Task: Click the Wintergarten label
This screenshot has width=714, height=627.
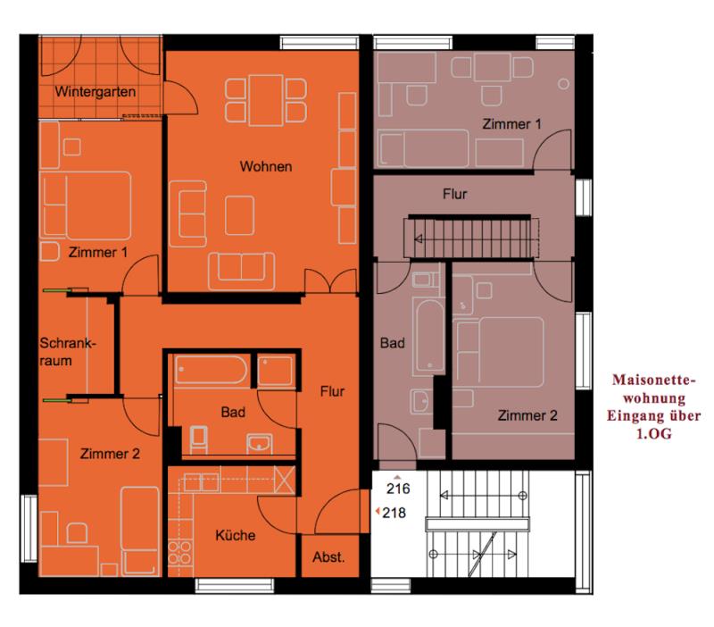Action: (x=95, y=92)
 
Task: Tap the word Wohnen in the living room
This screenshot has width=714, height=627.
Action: (x=266, y=166)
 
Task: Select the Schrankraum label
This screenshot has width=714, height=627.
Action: (x=68, y=352)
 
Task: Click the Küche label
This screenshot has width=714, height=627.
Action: (x=235, y=535)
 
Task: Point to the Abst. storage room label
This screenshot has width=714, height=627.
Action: (x=328, y=556)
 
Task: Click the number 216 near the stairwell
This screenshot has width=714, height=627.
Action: (x=398, y=489)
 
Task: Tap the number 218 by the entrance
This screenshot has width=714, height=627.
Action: (x=394, y=513)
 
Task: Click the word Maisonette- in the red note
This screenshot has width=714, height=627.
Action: (x=654, y=380)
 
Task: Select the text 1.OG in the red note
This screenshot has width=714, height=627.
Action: (x=653, y=433)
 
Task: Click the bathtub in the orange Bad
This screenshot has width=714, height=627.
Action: (x=211, y=370)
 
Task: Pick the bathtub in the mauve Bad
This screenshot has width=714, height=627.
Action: (x=430, y=337)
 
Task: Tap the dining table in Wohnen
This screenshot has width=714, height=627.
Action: (x=266, y=100)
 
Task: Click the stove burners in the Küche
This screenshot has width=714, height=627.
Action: (x=180, y=552)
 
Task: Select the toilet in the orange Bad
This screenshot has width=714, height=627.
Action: (x=198, y=439)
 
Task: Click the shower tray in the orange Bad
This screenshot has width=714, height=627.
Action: (x=275, y=371)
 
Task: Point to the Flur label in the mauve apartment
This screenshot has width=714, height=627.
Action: (x=455, y=194)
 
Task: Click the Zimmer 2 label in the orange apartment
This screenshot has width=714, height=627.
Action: (x=110, y=454)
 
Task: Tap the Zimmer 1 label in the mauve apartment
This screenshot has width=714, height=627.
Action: (x=511, y=124)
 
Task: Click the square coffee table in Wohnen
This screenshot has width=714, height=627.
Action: (x=239, y=215)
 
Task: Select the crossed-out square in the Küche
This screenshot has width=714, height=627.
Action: (x=285, y=480)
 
